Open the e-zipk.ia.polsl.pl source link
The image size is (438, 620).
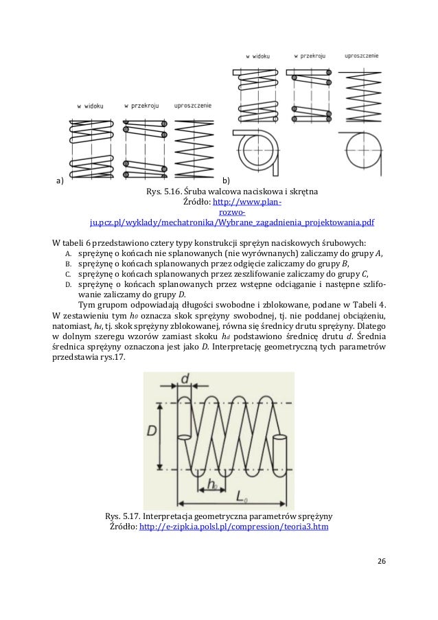pyautogui.click(x=233, y=527)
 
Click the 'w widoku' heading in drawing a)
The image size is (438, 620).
pyautogui.click(x=90, y=106)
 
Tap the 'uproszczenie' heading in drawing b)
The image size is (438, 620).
pyautogui.click(x=362, y=54)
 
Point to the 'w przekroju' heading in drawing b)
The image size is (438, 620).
pyautogui.click(x=309, y=54)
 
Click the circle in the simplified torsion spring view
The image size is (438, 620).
pyautogui.click(x=363, y=148)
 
